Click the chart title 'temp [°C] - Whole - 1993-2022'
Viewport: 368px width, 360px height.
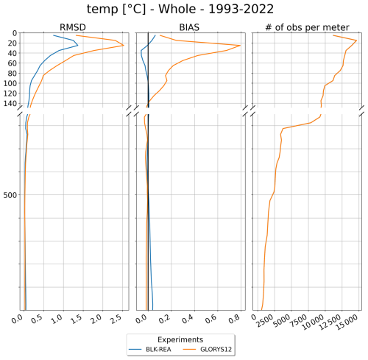point(183,10)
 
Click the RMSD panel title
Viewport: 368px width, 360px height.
point(74,27)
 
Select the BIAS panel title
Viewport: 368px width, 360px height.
point(190,27)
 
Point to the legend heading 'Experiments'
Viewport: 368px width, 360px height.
point(183,339)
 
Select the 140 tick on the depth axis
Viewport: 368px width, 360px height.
point(8,104)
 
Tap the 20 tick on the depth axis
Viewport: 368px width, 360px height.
point(10,43)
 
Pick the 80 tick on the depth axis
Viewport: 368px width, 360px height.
point(10,74)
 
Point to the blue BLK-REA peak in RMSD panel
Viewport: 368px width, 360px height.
point(78,45)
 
